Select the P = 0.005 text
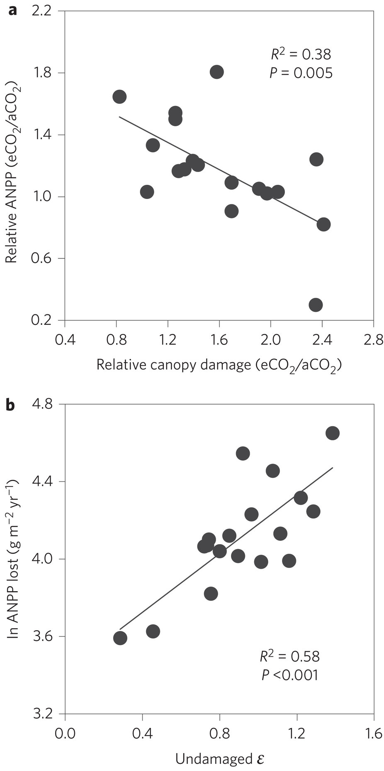(x=301, y=73)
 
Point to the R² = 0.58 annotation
(x=290, y=656)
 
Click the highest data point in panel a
(x=216, y=72)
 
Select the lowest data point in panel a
(x=316, y=305)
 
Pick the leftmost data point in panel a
(x=119, y=97)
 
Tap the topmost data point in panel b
(x=333, y=433)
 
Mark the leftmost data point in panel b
(x=120, y=638)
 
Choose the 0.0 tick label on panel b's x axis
(x=65, y=734)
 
